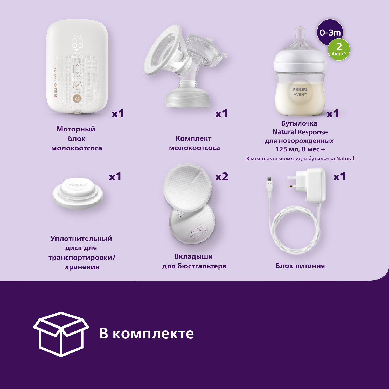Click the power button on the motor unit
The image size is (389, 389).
(77, 99)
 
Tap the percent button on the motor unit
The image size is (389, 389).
(77, 85)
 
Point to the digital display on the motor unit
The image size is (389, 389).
(77, 43)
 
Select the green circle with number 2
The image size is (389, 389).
(339, 49)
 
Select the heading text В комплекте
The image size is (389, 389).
(147, 334)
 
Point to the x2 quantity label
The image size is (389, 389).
(221, 177)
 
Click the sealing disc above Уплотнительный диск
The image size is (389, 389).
(78, 193)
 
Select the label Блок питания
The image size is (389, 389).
(300, 266)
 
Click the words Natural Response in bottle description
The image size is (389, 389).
(300, 132)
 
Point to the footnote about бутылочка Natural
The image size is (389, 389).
(300, 158)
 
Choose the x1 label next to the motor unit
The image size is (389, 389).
(117, 114)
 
